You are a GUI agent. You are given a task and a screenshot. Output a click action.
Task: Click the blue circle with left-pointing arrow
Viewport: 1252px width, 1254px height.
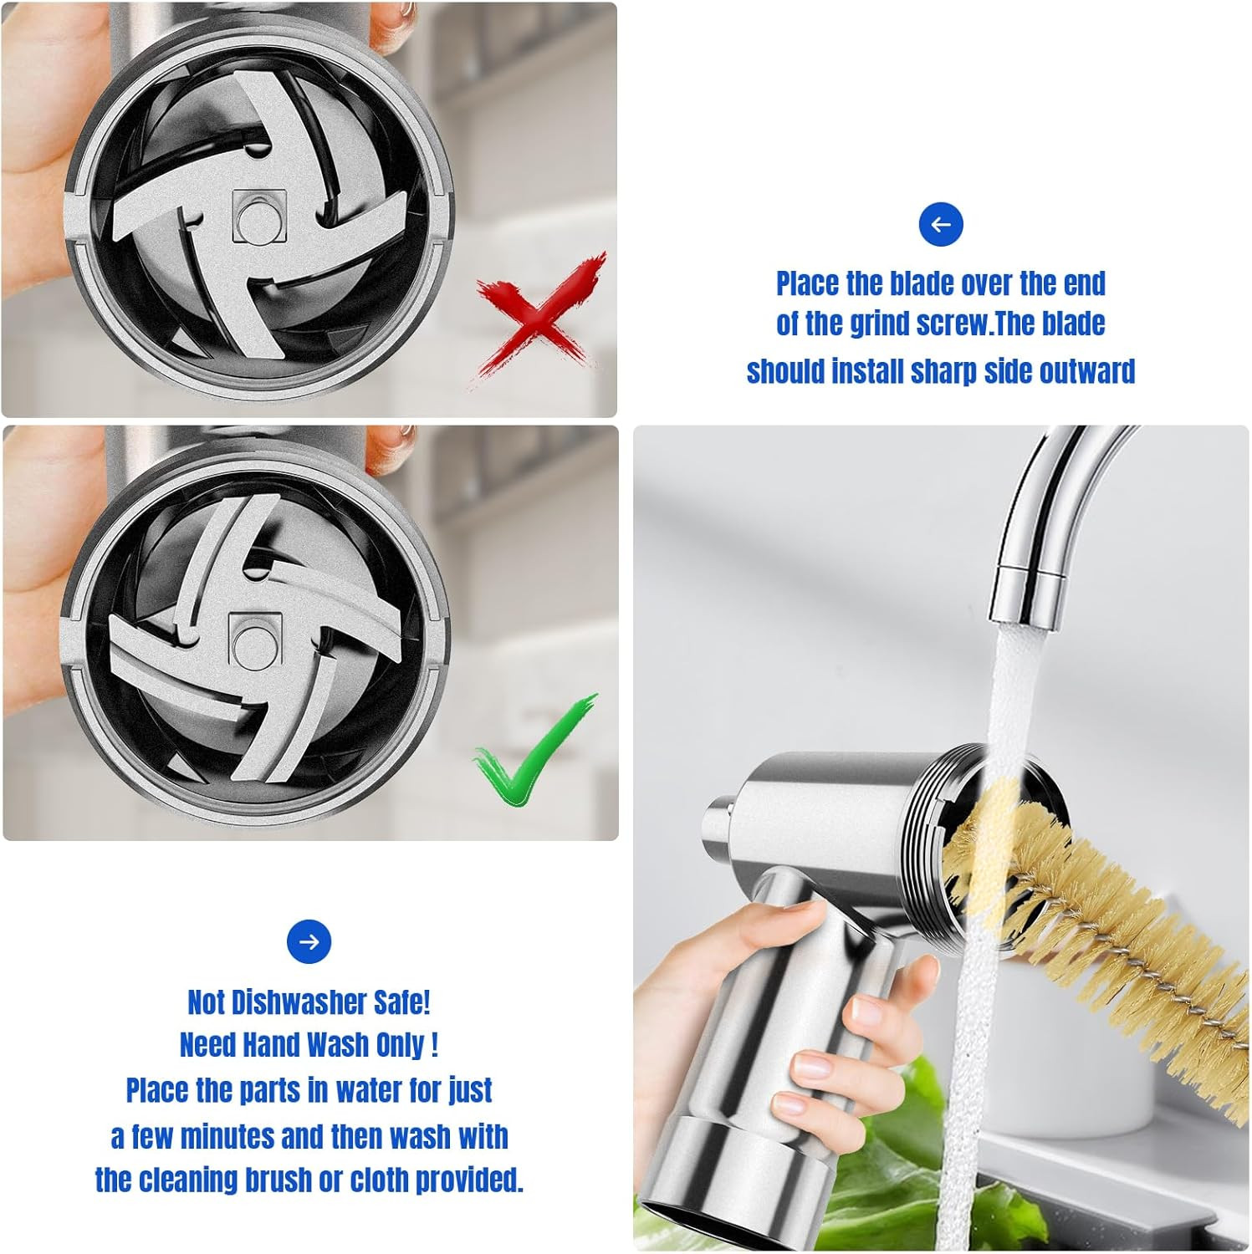pyautogui.click(x=941, y=224)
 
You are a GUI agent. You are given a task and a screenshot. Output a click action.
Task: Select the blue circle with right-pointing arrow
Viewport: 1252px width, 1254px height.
pyautogui.click(x=309, y=942)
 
